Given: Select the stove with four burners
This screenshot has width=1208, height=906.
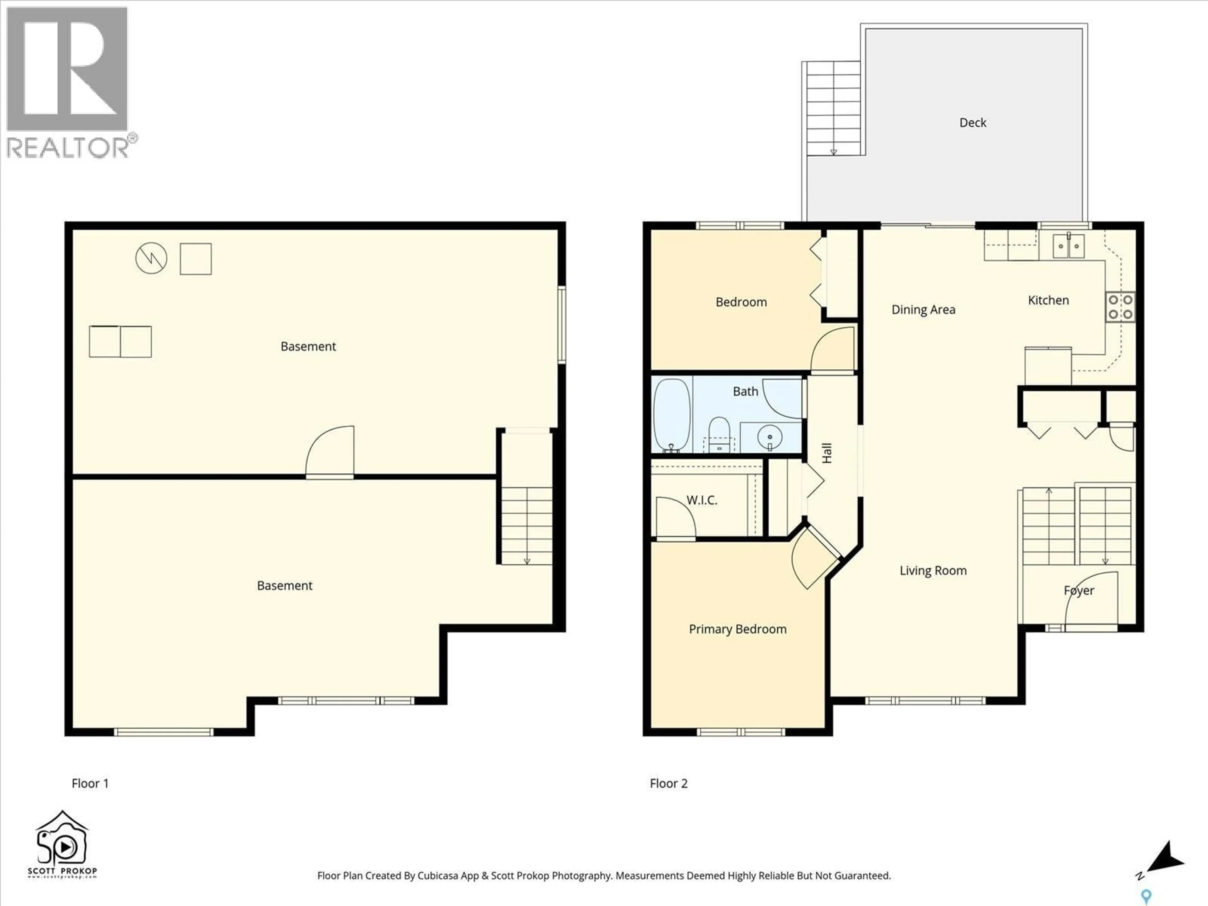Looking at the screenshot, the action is (1120, 307).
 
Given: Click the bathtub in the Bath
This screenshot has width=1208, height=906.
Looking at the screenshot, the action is (672, 415).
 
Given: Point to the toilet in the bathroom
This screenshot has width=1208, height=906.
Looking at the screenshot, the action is (719, 434).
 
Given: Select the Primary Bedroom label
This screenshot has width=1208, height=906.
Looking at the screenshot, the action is (737, 629).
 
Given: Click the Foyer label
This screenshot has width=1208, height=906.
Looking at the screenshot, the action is (1079, 590).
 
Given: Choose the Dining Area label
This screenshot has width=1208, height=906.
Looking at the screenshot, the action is (924, 310).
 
